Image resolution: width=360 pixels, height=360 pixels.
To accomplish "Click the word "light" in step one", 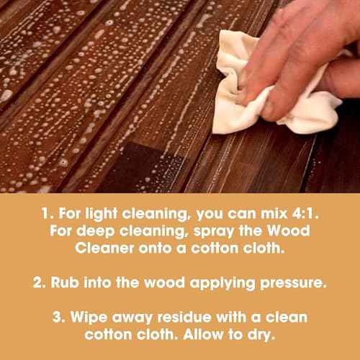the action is (x=102, y=215).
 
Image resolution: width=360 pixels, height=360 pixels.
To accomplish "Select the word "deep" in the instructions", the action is (x=95, y=232).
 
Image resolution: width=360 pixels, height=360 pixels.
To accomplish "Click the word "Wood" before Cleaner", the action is (x=289, y=230).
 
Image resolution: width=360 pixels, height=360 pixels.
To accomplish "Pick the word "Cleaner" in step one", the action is (x=104, y=248).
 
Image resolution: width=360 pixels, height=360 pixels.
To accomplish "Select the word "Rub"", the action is (x=65, y=282).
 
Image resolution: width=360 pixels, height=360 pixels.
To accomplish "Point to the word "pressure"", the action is (x=293, y=284).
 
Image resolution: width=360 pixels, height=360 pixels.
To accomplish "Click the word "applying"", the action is (x=222, y=284).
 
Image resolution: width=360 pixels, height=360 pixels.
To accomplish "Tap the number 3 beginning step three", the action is (x=58, y=317).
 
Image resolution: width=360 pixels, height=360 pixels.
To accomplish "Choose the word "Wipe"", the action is (x=89, y=318).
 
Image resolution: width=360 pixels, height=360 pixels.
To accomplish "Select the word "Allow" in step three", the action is (x=203, y=334).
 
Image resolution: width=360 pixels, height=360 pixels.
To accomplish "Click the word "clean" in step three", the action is (x=287, y=317).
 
